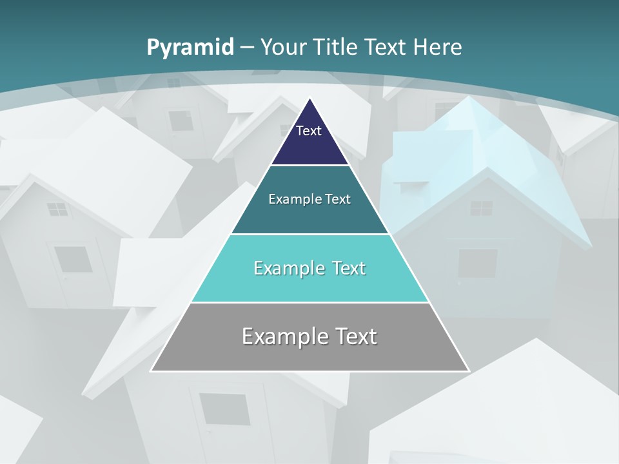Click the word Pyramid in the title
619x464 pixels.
pos(190,47)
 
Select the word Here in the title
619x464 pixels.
pos(437,47)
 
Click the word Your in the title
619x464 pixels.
pos(284,47)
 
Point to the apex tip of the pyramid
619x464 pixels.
pos(310,99)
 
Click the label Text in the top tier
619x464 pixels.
pos(309,131)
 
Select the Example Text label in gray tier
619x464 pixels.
pos(309,336)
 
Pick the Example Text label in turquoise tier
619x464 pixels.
pos(309,268)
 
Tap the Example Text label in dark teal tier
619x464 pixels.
pos(309,199)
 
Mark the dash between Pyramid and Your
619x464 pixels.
pos(247,48)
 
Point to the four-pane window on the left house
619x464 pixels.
pos(57,209)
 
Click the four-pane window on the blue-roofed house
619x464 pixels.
pos(481,208)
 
